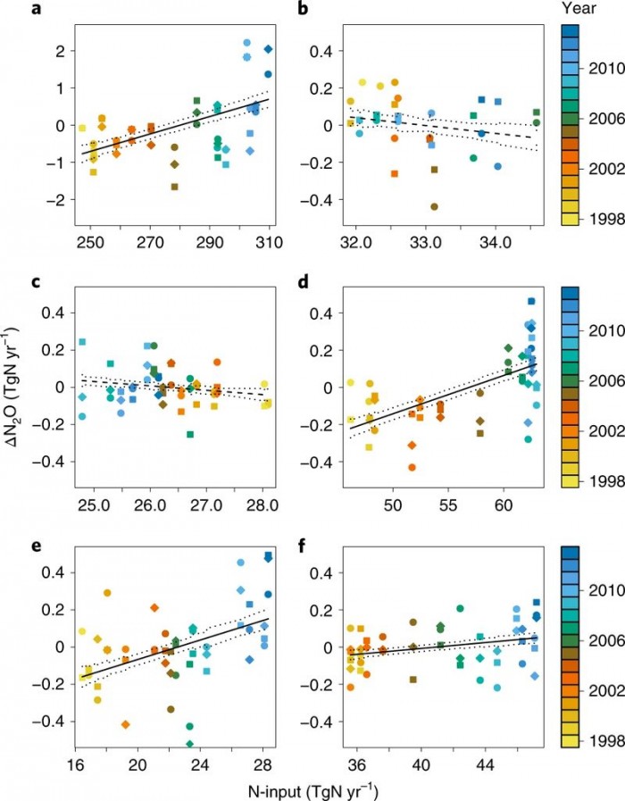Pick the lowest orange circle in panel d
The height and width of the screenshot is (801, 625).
click(412, 467)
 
